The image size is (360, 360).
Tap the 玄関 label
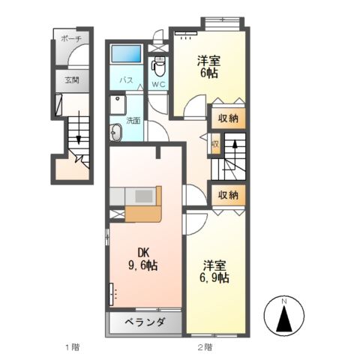tap(71, 79)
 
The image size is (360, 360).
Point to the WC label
tap(159, 84)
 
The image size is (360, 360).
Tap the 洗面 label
tap(133, 120)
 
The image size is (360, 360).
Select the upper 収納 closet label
tap(229, 118)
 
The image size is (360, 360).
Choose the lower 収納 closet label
tap(229, 195)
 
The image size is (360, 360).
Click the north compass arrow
tap(285, 319)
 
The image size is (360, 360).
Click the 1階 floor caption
tap(72, 347)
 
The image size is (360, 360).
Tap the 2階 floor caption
tap(205, 347)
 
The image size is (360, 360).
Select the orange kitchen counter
tap(142, 205)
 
